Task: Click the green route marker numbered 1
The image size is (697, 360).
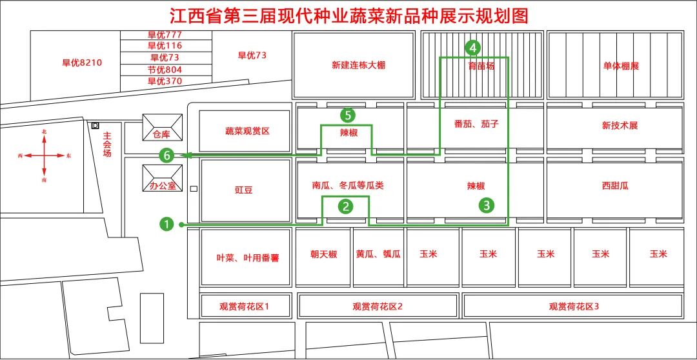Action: (x=167, y=224)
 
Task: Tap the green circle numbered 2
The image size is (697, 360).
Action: (x=347, y=206)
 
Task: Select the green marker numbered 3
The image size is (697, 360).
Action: (x=487, y=206)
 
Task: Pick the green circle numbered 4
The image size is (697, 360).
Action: (x=473, y=47)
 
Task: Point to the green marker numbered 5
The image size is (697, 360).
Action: (x=348, y=115)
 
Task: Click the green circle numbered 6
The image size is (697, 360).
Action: (x=167, y=155)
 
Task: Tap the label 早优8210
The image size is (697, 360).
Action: (x=82, y=63)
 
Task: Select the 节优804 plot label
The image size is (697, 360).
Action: (x=165, y=70)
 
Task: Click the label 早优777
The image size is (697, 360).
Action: (x=165, y=34)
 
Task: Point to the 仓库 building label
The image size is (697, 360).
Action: (x=161, y=135)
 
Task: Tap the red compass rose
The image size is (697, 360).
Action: (x=44, y=155)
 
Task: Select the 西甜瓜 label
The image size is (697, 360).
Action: (x=615, y=186)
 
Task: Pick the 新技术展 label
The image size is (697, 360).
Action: (x=620, y=125)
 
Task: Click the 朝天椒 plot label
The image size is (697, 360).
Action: (x=323, y=254)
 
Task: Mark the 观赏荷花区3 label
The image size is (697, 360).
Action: (x=574, y=306)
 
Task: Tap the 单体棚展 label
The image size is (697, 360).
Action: (x=621, y=66)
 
